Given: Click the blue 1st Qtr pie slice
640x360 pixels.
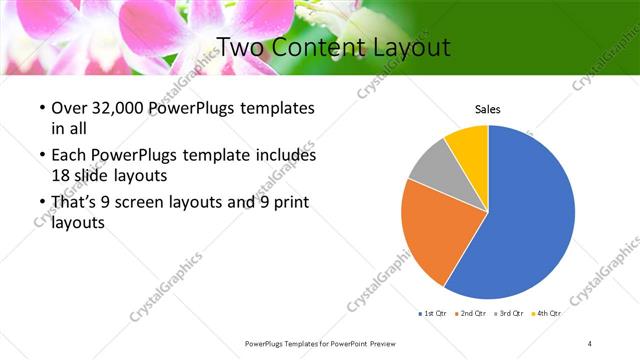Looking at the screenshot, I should tap(530, 215).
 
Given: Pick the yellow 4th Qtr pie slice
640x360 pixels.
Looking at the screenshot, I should tap(468, 145).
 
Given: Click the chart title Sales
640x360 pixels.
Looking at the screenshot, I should tap(487, 110).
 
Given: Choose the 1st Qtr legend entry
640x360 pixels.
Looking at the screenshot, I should tap(432, 313).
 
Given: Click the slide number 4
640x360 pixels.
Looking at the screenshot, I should tap(590, 343).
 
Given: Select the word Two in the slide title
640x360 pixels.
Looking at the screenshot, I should tap(239, 47).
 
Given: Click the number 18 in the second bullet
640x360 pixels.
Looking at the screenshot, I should tap(61, 174).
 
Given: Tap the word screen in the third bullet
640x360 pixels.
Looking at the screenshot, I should tap(150, 203).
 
